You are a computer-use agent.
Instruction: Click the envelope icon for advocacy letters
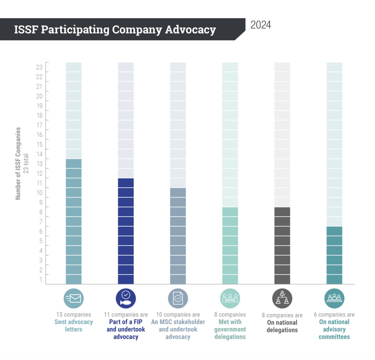(x=74, y=298)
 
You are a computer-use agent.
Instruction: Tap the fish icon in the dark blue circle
(x=126, y=298)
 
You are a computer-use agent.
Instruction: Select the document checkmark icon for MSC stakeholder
(x=178, y=298)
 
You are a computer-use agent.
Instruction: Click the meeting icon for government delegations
(x=230, y=298)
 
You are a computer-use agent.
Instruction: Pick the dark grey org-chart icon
(x=282, y=298)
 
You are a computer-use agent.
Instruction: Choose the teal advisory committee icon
(x=334, y=298)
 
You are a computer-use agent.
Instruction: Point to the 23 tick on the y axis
(x=39, y=67)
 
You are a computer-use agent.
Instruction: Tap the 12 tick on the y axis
(x=39, y=173)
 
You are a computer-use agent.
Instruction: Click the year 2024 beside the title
(x=261, y=25)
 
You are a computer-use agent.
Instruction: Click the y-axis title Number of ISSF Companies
(x=18, y=163)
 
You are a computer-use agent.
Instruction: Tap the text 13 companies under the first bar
(x=74, y=315)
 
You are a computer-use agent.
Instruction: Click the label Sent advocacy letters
(x=74, y=326)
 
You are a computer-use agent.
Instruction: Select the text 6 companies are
(x=334, y=315)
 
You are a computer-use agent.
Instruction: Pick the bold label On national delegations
(x=282, y=326)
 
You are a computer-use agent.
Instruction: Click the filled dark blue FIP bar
(x=126, y=231)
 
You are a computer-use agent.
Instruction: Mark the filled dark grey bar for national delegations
(x=282, y=246)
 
